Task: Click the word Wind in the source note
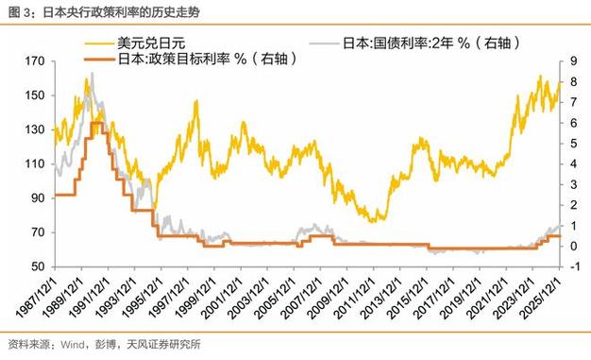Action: (75, 344)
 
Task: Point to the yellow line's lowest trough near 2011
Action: (375, 220)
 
